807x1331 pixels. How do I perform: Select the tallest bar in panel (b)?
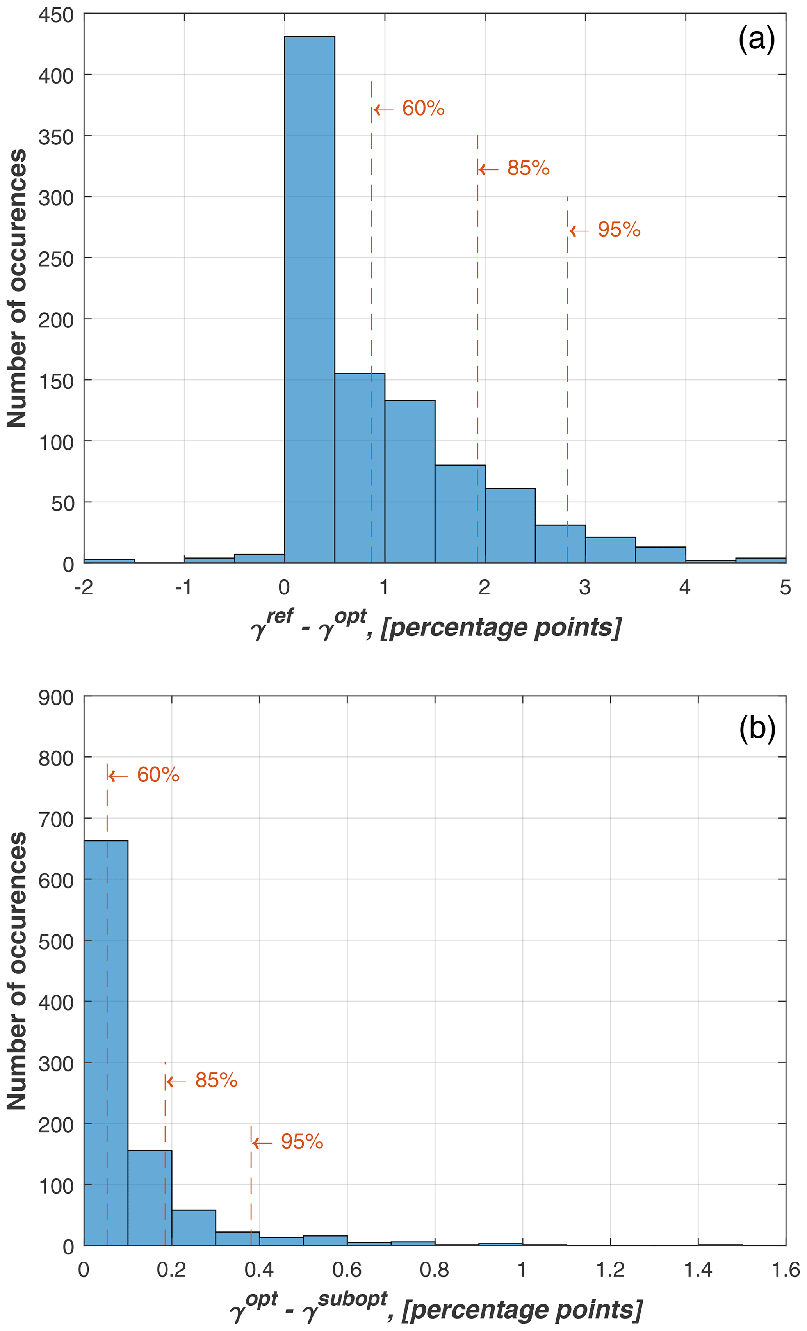[x=106, y=1043]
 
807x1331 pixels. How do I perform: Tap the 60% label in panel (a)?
[x=423, y=109]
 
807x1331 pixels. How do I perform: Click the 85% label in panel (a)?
[x=528, y=169]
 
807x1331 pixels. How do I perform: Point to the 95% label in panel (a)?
[x=618, y=230]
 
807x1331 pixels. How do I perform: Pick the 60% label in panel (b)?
[x=158, y=775]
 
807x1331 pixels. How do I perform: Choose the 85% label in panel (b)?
[x=216, y=1080]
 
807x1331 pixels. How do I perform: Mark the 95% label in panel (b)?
[x=301, y=1141]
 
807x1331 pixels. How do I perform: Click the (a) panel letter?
[x=756, y=39]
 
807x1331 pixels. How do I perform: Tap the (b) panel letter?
[x=757, y=729]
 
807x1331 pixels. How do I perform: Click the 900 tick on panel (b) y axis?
[x=56, y=698]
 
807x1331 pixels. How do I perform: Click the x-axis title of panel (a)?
[x=436, y=626]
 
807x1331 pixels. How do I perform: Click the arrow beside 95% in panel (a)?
[x=579, y=231]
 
